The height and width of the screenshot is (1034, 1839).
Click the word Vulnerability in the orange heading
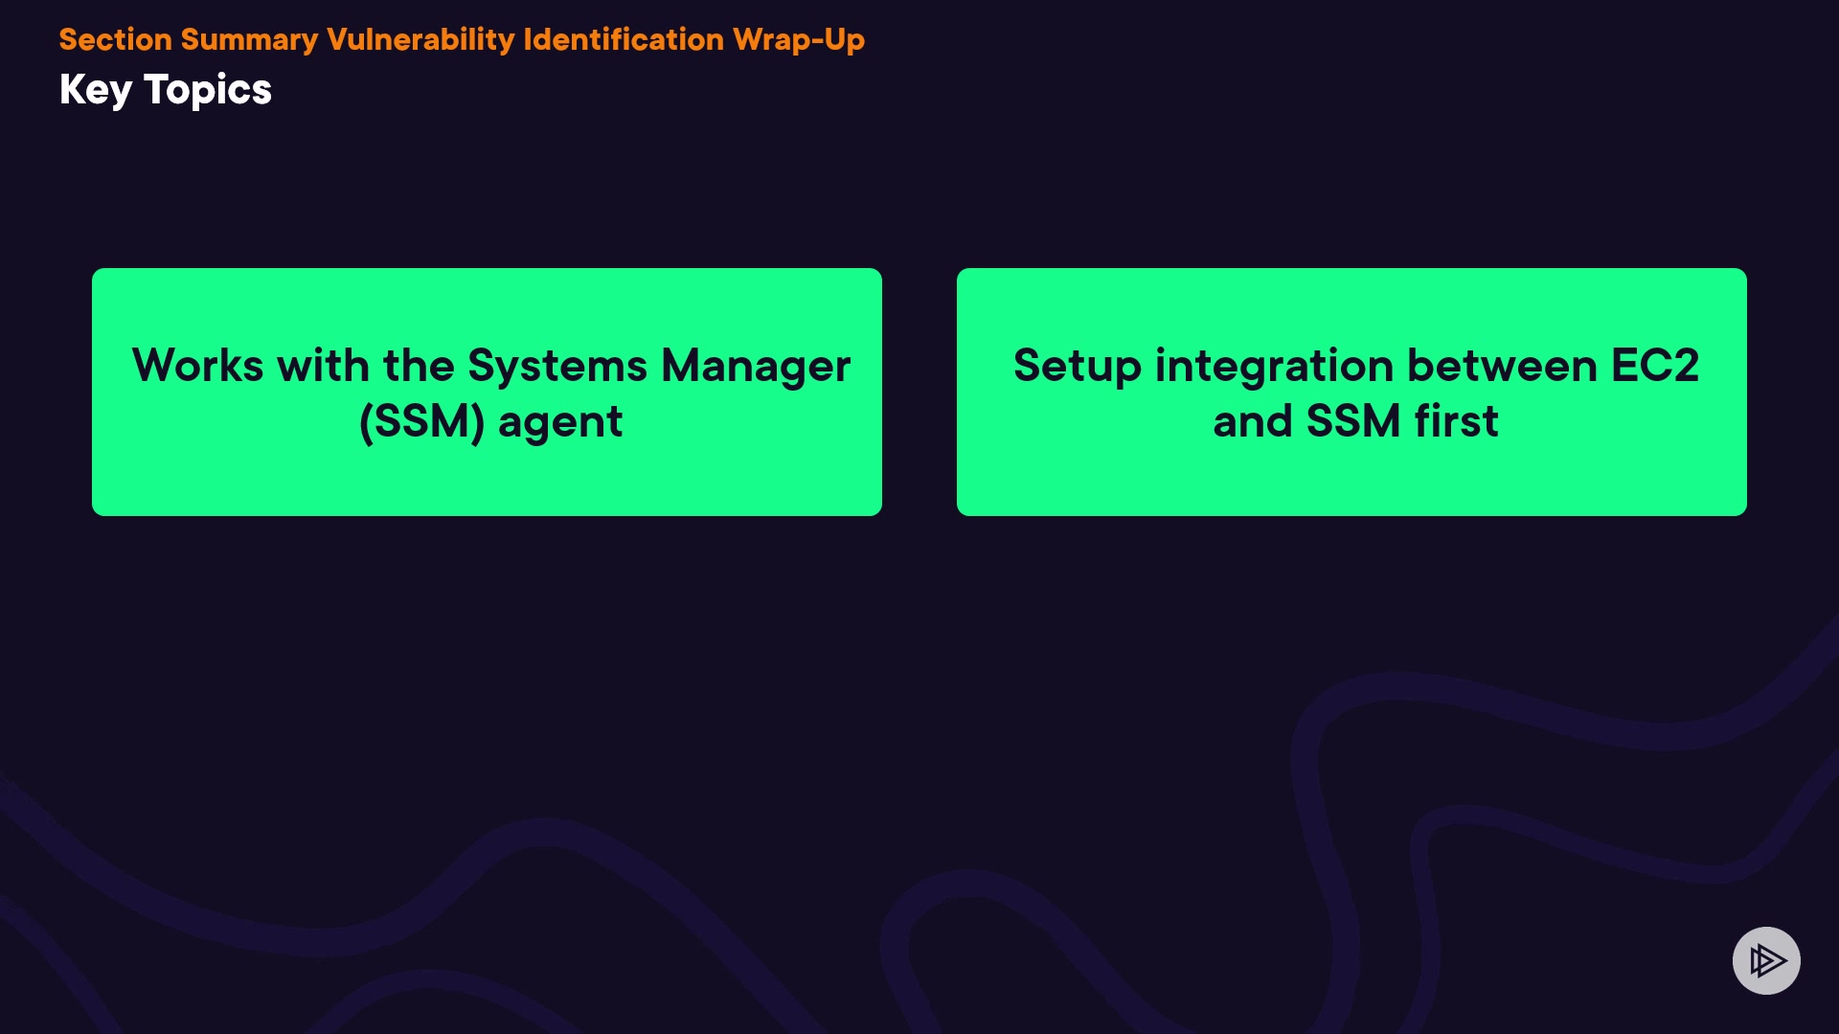click(420, 40)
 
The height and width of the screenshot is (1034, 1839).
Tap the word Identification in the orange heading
click(624, 39)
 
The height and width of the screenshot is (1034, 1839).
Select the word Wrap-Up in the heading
click(799, 40)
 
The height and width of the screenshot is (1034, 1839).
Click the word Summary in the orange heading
click(249, 40)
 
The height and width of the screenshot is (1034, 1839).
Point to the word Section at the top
click(115, 39)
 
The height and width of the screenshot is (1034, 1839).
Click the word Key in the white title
click(96, 90)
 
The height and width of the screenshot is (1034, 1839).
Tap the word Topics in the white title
click(208, 90)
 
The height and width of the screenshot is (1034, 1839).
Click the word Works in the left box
click(197, 366)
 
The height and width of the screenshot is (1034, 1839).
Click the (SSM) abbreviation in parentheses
click(422, 422)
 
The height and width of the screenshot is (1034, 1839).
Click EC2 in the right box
click(1655, 366)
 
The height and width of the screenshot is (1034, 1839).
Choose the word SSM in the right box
click(1353, 421)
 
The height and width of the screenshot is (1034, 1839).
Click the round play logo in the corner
click(1766, 960)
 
